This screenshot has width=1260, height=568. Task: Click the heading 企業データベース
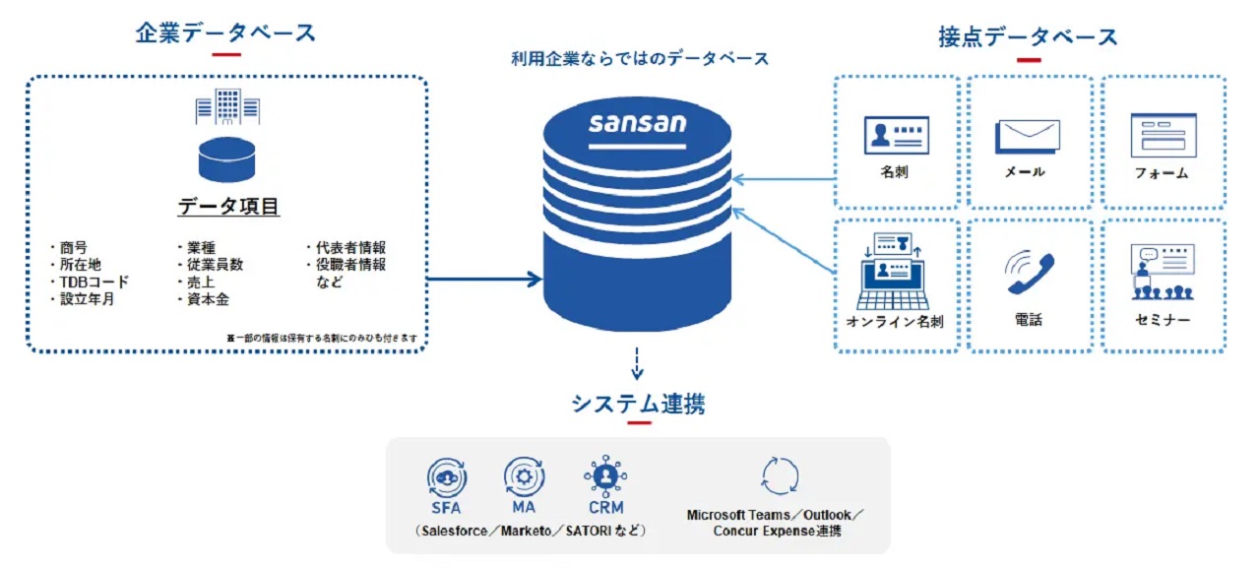pyautogui.click(x=225, y=32)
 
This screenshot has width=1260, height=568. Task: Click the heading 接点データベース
pyautogui.click(x=1028, y=37)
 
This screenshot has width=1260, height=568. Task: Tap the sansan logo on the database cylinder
pyautogui.click(x=638, y=124)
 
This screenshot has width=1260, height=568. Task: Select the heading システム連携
pyautogui.click(x=638, y=404)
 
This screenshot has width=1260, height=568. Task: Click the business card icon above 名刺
pyautogui.click(x=896, y=135)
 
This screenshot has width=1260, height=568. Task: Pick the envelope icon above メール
pyautogui.click(x=1028, y=136)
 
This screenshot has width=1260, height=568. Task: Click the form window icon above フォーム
pyautogui.click(x=1163, y=135)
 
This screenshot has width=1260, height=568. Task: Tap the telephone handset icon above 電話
pyautogui.click(x=1030, y=274)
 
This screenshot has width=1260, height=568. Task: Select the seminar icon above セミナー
pyautogui.click(x=1163, y=272)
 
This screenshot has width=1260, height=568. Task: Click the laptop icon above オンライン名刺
pyautogui.click(x=896, y=269)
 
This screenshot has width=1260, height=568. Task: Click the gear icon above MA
pyautogui.click(x=524, y=476)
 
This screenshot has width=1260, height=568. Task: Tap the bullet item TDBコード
pyautogui.click(x=93, y=282)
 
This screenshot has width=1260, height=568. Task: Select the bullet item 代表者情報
pyautogui.click(x=348, y=247)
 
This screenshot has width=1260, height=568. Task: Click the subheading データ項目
pyautogui.click(x=227, y=207)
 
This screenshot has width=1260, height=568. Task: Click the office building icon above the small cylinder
pyautogui.click(x=226, y=106)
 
